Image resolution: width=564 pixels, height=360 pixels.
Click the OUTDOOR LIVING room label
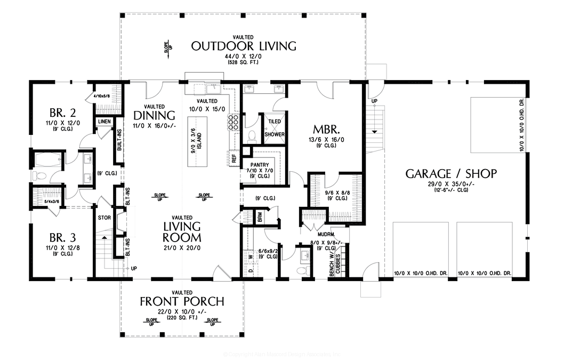pos(243,46)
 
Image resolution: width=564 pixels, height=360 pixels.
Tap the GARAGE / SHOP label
pos(451,173)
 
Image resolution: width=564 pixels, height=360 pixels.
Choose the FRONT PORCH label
pos(182,301)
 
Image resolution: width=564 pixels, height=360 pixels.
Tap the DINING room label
pos(154,116)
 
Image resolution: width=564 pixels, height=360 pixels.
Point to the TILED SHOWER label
pos(275,128)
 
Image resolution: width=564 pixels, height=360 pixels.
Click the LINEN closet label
pos(104,122)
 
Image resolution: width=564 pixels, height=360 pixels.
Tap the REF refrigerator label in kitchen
pos(233,157)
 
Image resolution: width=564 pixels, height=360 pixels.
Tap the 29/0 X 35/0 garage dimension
pos(451,183)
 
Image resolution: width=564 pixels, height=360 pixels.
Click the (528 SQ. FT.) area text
pos(243,62)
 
